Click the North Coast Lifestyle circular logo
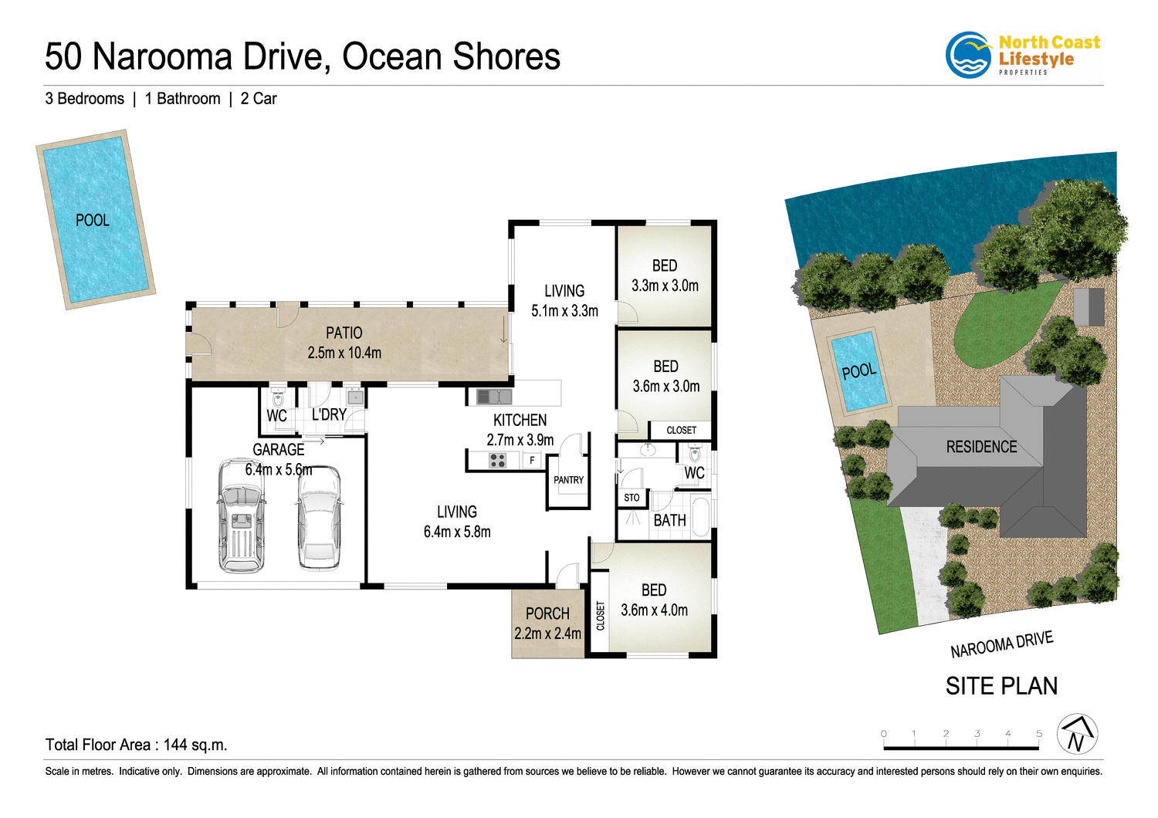click(969, 55)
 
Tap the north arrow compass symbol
click(1077, 734)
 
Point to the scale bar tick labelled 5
click(1038, 734)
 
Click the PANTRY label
click(568, 480)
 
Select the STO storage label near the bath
click(631, 498)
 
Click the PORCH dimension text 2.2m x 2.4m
click(547, 634)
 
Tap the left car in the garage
click(242, 515)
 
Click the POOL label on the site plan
click(858, 371)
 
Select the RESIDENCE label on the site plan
click(981, 447)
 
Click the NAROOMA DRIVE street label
click(1001, 644)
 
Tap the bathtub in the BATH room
click(700, 518)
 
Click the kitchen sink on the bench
click(494, 397)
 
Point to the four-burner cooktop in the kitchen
click(498, 461)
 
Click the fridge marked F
click(532, 461)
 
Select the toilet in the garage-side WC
click(278, 398)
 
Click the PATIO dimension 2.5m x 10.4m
click(344, 353)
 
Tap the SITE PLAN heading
click(1001, 686)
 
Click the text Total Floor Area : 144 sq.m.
click(136, 745)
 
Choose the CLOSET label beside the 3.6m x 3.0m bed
click(681, 430)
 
